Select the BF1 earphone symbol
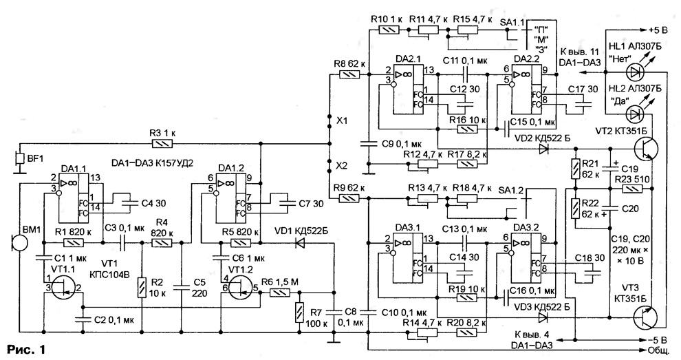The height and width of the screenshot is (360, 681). [x=19, y=158]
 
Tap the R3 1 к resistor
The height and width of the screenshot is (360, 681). [x=162, y=143]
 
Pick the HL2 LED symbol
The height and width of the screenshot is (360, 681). [x=636, y=114]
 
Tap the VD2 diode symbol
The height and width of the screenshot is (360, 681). [x=543, y=149]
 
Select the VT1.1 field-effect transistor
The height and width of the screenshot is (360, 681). [x=63, y=288]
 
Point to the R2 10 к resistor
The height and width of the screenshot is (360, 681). [x=142, y=287]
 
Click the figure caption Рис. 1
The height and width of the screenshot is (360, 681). [x=25, y=349]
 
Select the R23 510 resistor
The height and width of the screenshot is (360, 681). [x=635, y=189]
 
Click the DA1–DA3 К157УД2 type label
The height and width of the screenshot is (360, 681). [x=151, y=163]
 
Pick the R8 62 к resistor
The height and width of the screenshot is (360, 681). [x=349, y=75]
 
